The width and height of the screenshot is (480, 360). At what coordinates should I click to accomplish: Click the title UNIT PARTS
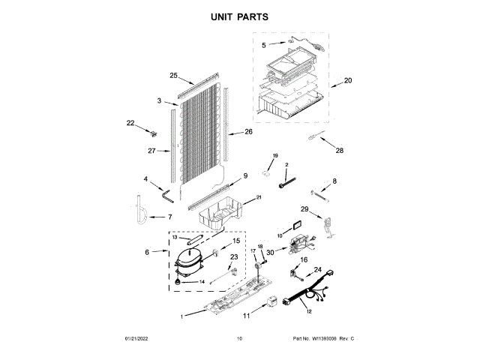(240, 16)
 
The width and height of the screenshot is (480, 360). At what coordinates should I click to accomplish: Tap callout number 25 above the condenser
(173, 76)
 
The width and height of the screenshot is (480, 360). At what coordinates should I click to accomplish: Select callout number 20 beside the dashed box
(347, 80)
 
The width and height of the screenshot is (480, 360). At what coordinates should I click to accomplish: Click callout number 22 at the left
(130, 123)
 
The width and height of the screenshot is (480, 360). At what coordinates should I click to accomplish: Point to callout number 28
(339, 151)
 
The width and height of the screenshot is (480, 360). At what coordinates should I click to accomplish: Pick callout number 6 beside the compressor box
(147, 252)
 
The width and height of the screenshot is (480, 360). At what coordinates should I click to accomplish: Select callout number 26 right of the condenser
(248, 132)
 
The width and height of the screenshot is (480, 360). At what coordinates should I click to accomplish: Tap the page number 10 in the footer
(239, 339)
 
